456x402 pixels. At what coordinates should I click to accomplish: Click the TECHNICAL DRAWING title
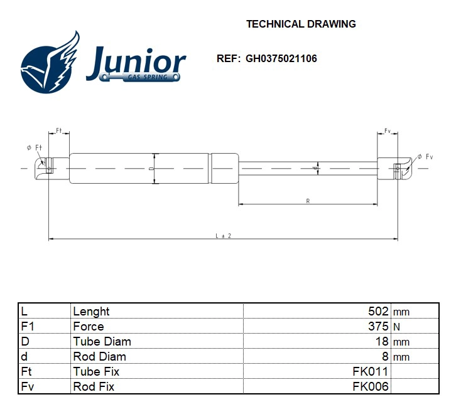[301, 24]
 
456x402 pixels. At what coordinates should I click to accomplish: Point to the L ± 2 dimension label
[224, 236]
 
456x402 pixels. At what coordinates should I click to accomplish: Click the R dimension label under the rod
[308, 201]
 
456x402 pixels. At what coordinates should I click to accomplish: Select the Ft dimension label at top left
[58, 130]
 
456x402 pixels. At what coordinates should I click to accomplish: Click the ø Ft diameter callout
[34, 147]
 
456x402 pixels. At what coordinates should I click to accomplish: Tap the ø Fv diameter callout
[425, 156]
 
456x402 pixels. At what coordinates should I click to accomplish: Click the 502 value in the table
[378, 311]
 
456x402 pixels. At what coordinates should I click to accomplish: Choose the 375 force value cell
[378, 326]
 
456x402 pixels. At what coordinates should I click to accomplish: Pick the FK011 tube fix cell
[371, 371]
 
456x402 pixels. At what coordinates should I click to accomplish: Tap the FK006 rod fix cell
[371, 386]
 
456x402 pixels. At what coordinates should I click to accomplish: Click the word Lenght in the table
[91, 311]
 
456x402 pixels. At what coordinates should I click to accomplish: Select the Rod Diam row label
[99, 356]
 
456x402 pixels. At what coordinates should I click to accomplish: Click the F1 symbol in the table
[27, 326]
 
